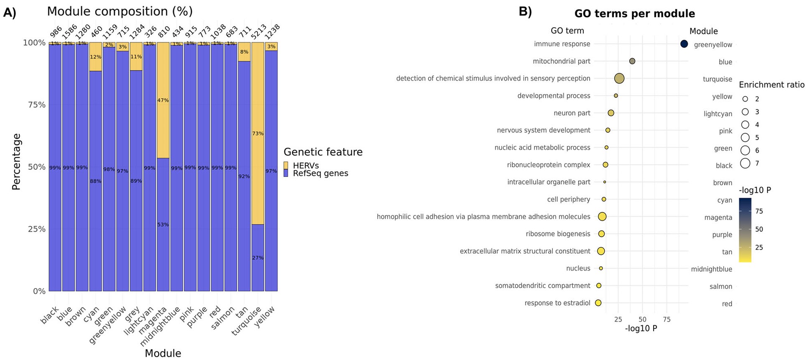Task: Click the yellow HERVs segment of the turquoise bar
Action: [x=258, y=133]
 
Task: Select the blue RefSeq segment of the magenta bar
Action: [x=163, y=225]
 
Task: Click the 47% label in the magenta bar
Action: [x=163, y=100]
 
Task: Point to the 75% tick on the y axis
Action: [x=37, y=105]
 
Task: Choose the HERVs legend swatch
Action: [x=286, y=165]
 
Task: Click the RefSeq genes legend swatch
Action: [x=286, y=173]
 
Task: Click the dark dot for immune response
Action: [x=684, y=44]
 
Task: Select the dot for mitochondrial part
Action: [x=632, y=61]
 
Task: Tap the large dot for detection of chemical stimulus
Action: [x=620, y=78]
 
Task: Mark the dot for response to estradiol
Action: [x=598, y=303]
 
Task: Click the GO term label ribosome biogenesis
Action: [x=558, y=234]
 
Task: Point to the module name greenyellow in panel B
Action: [x=713, y=45]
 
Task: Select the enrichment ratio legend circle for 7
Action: [x=745, y=163]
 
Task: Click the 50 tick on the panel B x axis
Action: [x=643, y=319]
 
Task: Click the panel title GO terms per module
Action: [x=635, y=14]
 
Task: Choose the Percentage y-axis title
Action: [x=16, y=161]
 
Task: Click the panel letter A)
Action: [x=10, y=13]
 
